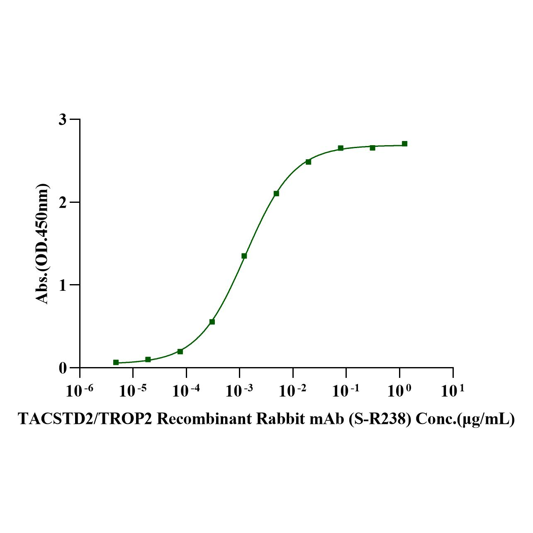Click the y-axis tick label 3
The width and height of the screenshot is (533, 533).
coord(63,119)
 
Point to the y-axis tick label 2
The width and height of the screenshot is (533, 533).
coord(63,202)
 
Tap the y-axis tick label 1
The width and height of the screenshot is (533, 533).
coord(63,285)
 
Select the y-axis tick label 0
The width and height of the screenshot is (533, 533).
coord(63,368)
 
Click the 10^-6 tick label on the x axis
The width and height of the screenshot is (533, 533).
coord(80,391)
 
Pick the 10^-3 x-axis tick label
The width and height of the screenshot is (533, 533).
coord(239,391)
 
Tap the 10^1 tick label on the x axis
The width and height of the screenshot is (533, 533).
coord(453,391)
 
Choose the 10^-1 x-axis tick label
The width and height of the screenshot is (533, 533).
coord(346,391)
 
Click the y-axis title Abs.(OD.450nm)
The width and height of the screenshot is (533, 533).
coord(42,243)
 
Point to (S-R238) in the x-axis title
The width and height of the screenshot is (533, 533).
coord(380,419)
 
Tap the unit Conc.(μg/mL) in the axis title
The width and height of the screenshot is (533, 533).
coord(465,419)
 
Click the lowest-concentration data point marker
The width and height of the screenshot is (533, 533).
coord(116,363)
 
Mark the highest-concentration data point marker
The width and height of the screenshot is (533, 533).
coord(404,144)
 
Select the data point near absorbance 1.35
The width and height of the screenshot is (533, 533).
coord(244,256)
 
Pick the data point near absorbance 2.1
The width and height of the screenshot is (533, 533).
coord(276,194)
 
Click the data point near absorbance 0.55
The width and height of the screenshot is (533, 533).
coord(212,322)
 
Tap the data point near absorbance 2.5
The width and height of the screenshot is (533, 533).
coord(308,162)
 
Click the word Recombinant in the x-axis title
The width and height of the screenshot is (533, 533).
coord(204,419)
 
